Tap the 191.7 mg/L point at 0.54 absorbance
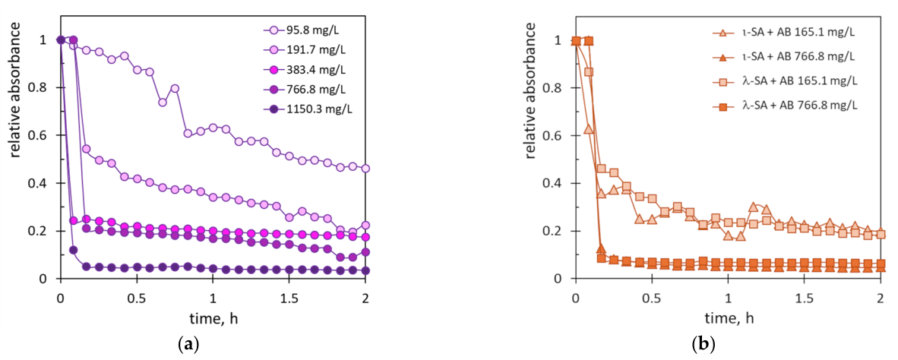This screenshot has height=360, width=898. coord(86,149)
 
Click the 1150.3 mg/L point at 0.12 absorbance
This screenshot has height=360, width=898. coord(73,250)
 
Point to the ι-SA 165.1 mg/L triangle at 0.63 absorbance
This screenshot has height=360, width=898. coord(588,129)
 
